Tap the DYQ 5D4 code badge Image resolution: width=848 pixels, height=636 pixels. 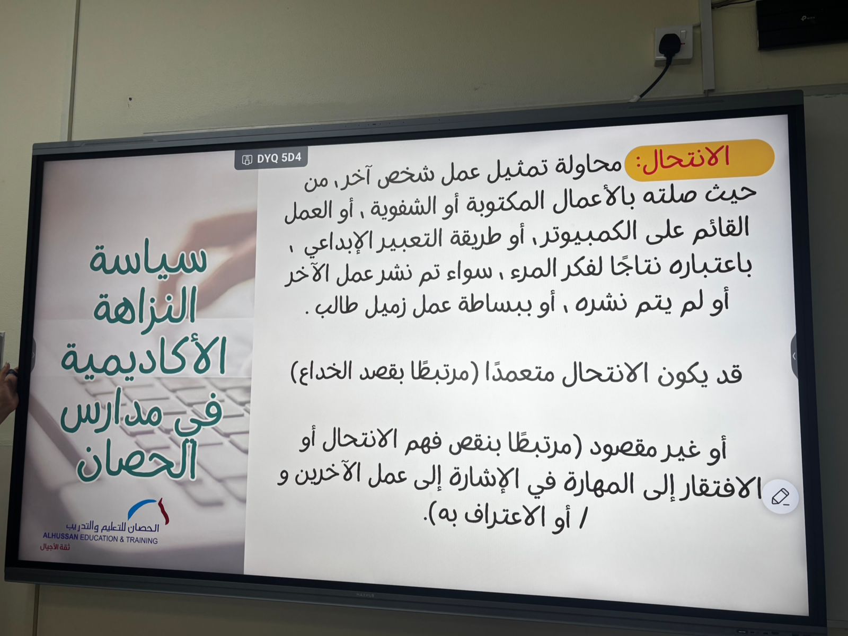pyautogui.click(x=271, y=158)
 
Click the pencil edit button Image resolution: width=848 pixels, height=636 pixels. pyautogui.click(x=780, y=497)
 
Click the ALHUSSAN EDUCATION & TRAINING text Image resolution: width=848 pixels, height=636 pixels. pyautogui.click(x=101, y=538)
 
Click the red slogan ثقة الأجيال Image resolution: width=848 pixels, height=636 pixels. pyautogui.click(x=55, y=547)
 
